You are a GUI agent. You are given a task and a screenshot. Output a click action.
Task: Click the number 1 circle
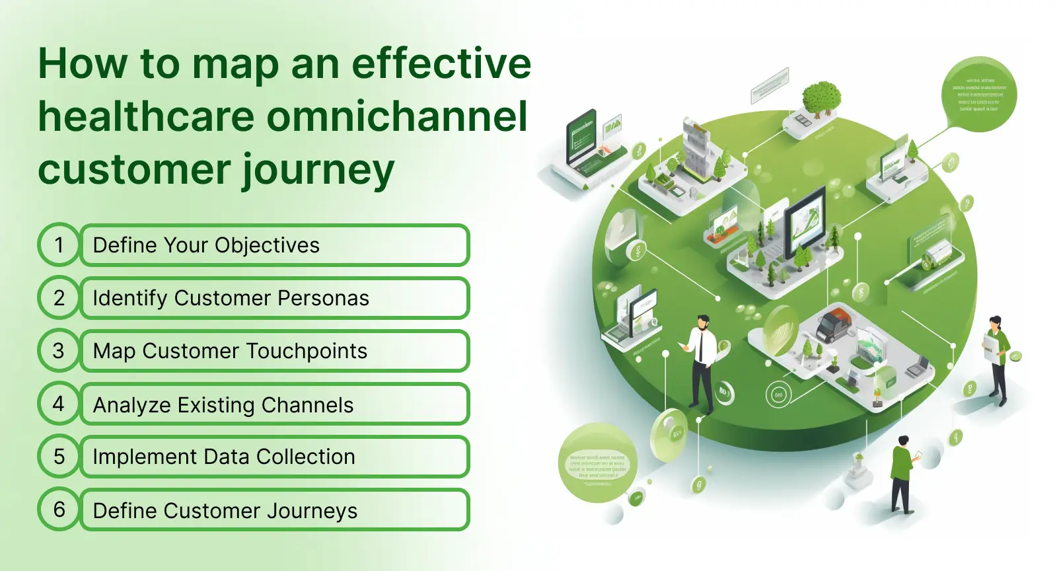click(x=59, y=245)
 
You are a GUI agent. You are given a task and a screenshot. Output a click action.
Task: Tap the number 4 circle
click(x=59, y=404)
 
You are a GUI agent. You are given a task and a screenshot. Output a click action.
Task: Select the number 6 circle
click(x=59, y=510)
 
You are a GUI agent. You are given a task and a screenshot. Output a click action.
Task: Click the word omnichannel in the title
click(x=396, y=117)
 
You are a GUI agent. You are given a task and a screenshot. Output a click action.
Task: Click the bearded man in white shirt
click(x=701, y=363)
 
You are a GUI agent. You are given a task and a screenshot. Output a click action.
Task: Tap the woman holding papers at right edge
click(x=998, y=357)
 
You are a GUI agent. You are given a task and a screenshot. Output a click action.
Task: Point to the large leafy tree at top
click(x=821, y=97)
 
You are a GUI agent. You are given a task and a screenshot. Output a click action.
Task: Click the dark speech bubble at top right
click(x=978, y=94)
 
